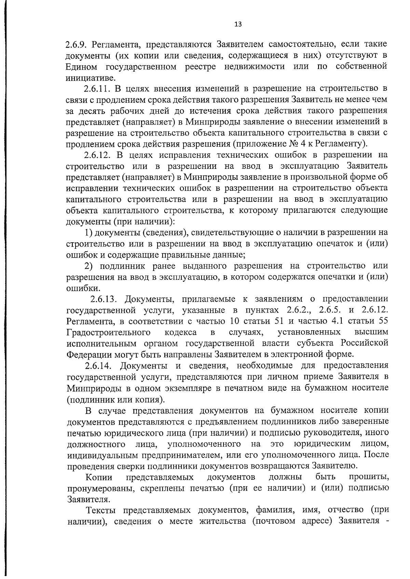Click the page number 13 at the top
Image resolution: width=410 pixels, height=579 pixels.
tap(238, 24)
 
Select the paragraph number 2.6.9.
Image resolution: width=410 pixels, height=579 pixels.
tap(77, 44)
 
